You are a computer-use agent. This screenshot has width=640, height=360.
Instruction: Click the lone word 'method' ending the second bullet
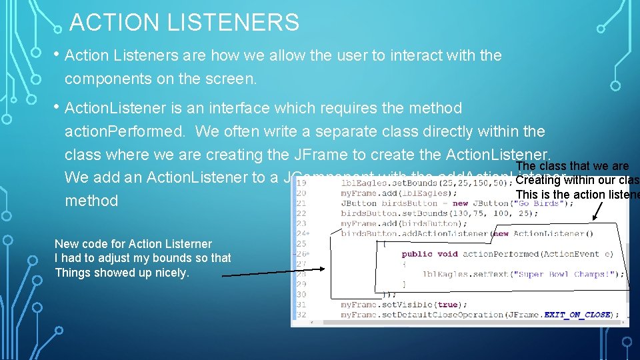point(91,201)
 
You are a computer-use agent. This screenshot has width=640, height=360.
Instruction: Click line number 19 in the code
point(301,183)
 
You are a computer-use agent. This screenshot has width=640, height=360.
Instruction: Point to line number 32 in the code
point(301,315)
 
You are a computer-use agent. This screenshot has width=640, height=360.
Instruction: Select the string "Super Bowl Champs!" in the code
point(573,274)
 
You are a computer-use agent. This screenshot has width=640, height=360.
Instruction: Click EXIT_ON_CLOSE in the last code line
point(577,315)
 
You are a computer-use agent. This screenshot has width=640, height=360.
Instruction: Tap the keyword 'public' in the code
point(417,254)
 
